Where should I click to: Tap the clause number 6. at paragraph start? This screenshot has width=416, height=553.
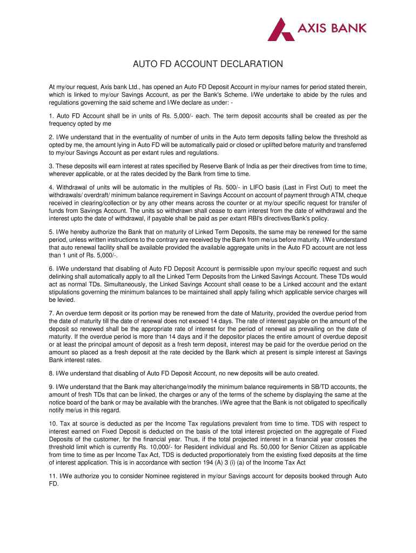tap(51, 268)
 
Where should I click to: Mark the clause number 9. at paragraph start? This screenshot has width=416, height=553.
tap(51, 387)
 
